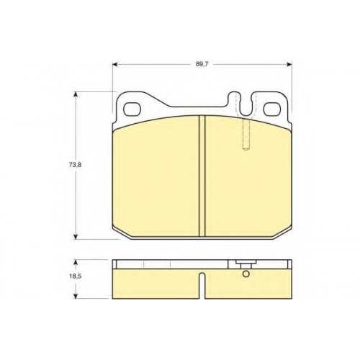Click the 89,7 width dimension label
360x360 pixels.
[x=202, y=64]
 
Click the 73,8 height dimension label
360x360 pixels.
[x=76, y=165]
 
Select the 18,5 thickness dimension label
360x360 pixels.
[x=76, y=276]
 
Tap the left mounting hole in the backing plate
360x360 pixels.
[x=132, y=109]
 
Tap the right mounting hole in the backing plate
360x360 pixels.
[x=272, y=109]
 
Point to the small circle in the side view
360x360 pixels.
[x=246, y=274]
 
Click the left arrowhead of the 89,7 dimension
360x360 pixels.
[x=114, y=64]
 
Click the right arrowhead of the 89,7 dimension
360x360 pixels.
[x=289, y=64]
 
